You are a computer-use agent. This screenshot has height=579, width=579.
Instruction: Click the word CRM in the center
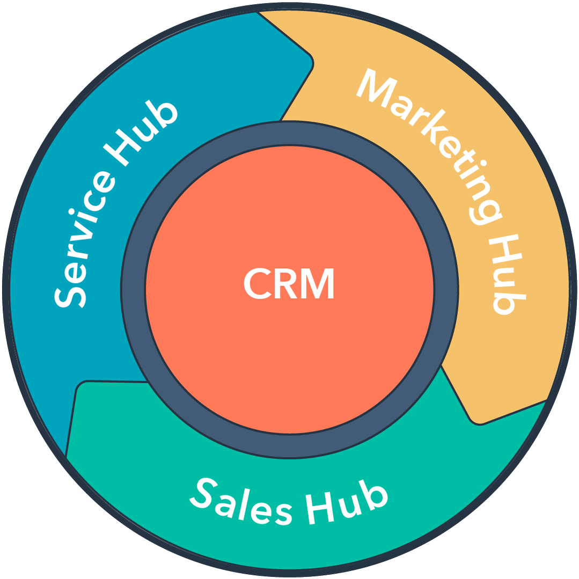click(x=289, y=284)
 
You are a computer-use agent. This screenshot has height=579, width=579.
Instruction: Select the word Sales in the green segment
click(x=241, y=502)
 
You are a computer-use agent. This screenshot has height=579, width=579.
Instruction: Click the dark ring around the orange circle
click(x=134, y=290)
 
